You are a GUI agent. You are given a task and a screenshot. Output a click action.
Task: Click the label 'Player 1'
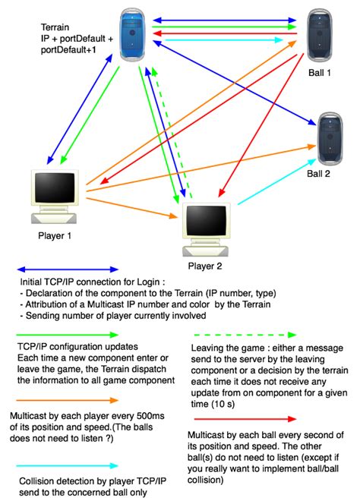(x=55, y=235)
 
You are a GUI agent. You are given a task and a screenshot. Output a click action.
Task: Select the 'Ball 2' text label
(x=319, y=173)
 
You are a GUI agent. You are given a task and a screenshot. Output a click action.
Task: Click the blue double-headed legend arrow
(x=68, y=269)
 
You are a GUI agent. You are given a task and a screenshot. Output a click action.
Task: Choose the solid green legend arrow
(x=68, y=334)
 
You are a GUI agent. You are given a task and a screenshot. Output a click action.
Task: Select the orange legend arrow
(x=68, y=399)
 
